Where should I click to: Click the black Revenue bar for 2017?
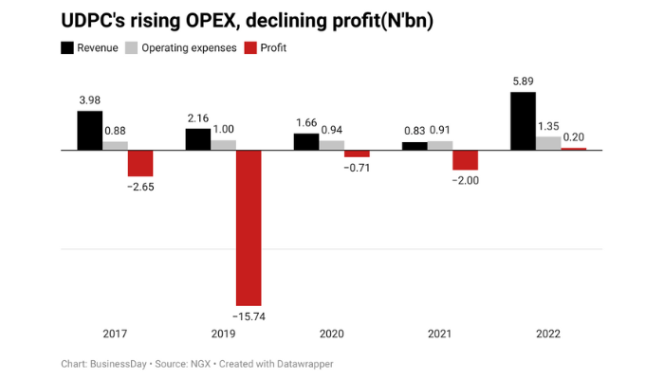(89, 131)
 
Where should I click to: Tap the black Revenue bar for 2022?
(522, 121)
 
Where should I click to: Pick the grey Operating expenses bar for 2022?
(548, 143)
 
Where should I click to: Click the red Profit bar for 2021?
(465, 160)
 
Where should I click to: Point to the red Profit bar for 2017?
(140, 163)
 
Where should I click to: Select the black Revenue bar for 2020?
(305, 142)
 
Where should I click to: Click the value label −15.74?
(249, 316)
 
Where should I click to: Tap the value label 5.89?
(522, 82)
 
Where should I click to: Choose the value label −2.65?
(140, 187)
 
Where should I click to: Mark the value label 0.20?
(574, 137)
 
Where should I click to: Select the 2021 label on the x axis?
(439, 334)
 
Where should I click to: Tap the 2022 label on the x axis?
(547, 334)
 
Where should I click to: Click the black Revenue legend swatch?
(68, 47)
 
